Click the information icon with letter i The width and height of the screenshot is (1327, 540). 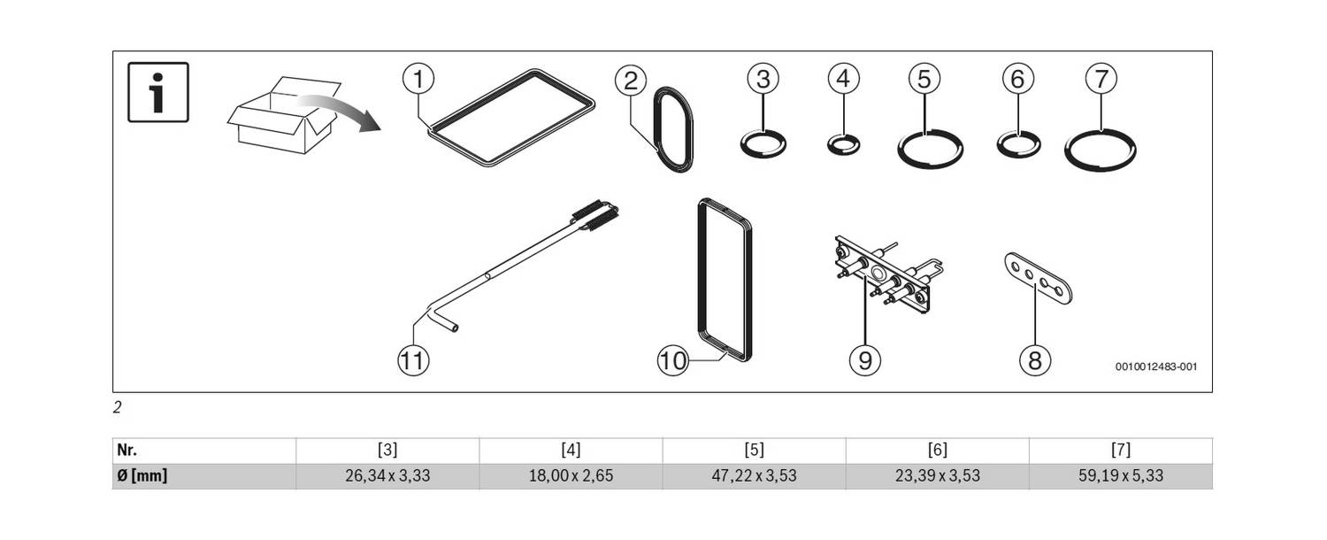(x=158, y=92)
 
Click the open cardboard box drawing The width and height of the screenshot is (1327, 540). (x=284, y=115)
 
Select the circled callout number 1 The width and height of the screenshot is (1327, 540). (x=418, y=79)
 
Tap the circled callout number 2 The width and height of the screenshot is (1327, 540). (x=630, y=81)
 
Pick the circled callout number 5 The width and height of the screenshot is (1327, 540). (x=924, y=79)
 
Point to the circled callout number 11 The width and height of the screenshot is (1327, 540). (x=413, y=360)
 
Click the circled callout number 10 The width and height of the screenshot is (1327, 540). (x=673, y=360)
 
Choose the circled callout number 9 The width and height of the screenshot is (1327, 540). (x=865, y=360)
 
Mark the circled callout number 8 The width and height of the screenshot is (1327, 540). (x=1035, y=360)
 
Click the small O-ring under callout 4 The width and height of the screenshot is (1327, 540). (x=844, y=137)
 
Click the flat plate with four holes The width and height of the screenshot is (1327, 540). (x=1039, y=279)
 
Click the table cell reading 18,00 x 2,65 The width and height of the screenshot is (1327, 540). (x=571, y=476)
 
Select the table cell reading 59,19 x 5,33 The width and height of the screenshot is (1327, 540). (x=1121, y=476)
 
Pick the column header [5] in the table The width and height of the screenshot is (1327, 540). (x=754, y=451)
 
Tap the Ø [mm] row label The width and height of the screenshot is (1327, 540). (x=142, y=476)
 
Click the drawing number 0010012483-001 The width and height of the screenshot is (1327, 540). (x=1155, y=366)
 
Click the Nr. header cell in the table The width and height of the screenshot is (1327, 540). (x=203, y=451)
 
